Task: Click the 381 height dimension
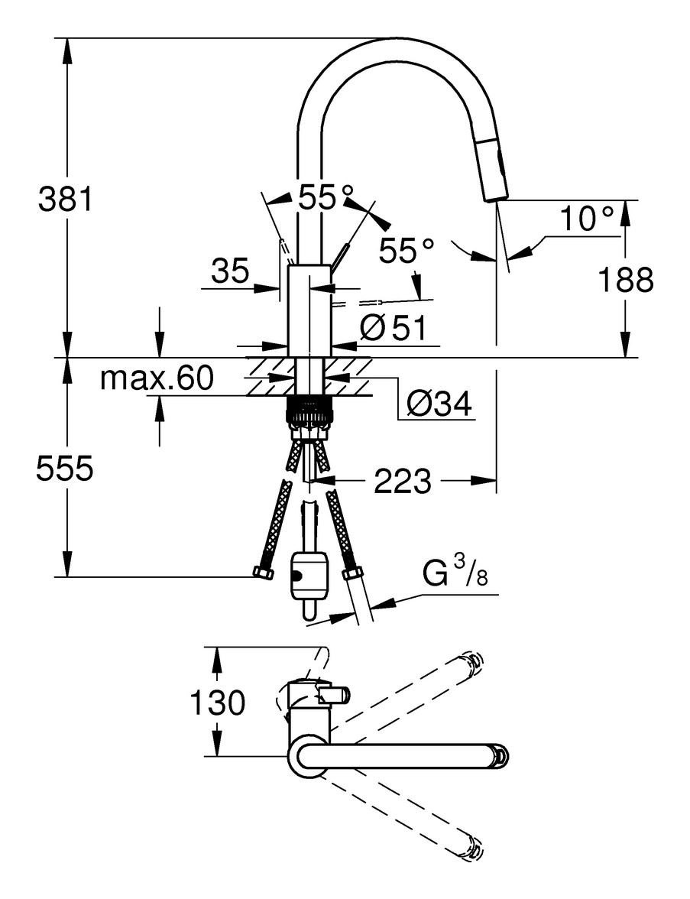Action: [x=65, y=200]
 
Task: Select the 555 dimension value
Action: [x=65, y=469]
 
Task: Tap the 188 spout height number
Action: [x=625, y=281]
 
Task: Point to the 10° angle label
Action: [x=586, y=219]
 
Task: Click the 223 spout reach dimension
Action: [x=403, y=482]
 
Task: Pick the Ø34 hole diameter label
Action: [x=439, y=403]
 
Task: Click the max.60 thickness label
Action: [x=157, y=378]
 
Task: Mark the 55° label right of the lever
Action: [x=407, y=250]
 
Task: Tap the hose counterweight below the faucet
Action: [x=309, y=577]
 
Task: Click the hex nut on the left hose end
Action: [x=264, y=573]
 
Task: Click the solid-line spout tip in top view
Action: [x=498, y=755]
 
